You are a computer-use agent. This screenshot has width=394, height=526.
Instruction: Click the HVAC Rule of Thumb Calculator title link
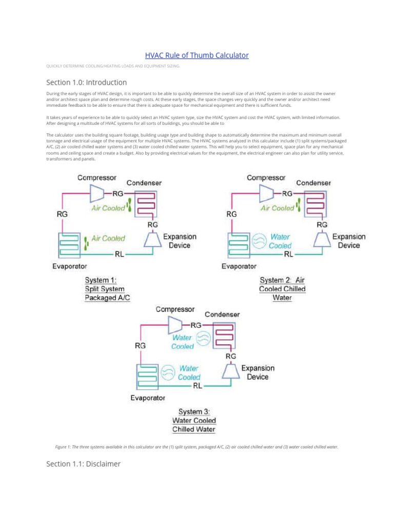(197, 55)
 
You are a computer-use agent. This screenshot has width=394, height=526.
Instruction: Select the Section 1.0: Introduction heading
(86, 82)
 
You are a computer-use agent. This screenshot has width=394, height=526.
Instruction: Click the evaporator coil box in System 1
(69, 245)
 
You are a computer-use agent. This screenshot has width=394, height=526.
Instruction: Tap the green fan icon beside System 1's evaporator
(87, 239)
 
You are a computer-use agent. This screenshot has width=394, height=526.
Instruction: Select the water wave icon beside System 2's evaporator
(259, 240)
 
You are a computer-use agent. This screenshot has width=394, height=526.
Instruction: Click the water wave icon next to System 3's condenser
(204, 337)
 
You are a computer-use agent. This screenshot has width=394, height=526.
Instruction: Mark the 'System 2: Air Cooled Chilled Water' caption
(282, 289)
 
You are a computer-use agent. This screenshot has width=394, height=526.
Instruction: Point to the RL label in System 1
(119, 253)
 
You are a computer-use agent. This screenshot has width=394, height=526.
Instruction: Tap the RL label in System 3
(198, 386)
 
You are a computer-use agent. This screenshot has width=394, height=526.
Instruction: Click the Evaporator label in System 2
(239, 266)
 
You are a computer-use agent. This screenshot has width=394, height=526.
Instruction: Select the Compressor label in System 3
(175, 309)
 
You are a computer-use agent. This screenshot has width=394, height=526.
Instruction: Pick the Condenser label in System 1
(144, 183)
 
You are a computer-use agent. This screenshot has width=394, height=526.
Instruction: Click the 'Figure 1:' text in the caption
(65, 447)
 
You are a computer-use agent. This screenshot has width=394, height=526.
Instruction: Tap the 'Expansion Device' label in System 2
(349, 241)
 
